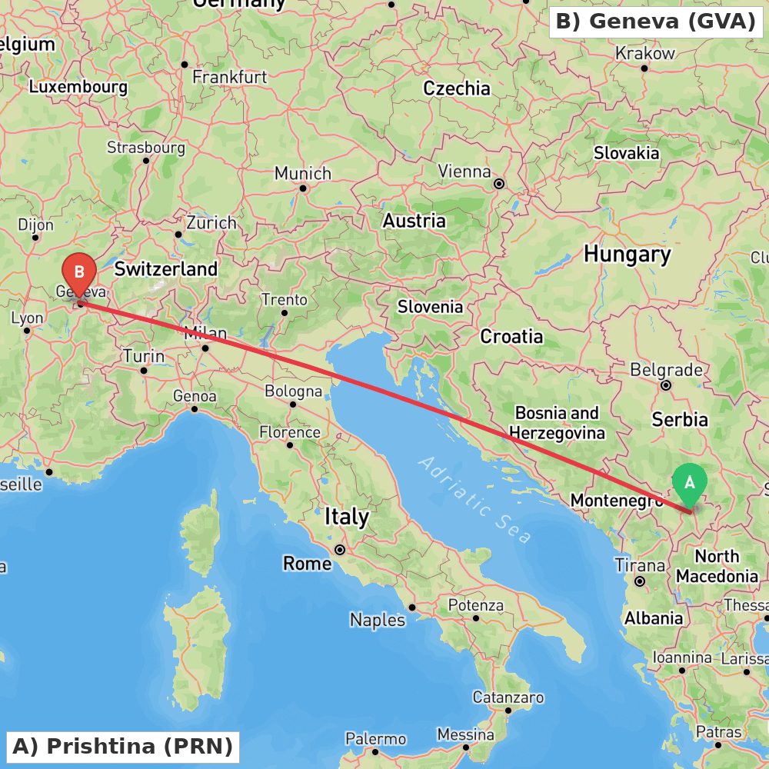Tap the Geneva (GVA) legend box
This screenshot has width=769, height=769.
coord(656,22)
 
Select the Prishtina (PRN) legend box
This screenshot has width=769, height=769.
coord(123,746)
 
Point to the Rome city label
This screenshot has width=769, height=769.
coord(308,564)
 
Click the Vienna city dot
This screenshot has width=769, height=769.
coord(499,184)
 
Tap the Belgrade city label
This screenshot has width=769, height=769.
coord(666,370)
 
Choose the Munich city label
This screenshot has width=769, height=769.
coord(303,173)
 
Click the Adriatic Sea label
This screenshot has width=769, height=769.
coord(474,500)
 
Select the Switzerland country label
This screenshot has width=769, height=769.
coord(166,269)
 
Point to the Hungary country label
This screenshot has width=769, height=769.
coord(627,254)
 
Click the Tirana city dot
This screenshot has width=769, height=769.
coord(640,581)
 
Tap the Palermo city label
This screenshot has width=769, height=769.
coord(375,739)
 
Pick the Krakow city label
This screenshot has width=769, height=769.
coord(645,54)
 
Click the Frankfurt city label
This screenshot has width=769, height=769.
coord(230,77)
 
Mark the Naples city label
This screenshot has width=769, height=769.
coord(378,620)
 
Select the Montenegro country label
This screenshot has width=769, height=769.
coord(616,501)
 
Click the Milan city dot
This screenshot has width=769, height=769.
coord(205,348)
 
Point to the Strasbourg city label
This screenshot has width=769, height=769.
coord(146,147)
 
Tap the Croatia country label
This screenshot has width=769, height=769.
coord(511,336)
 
